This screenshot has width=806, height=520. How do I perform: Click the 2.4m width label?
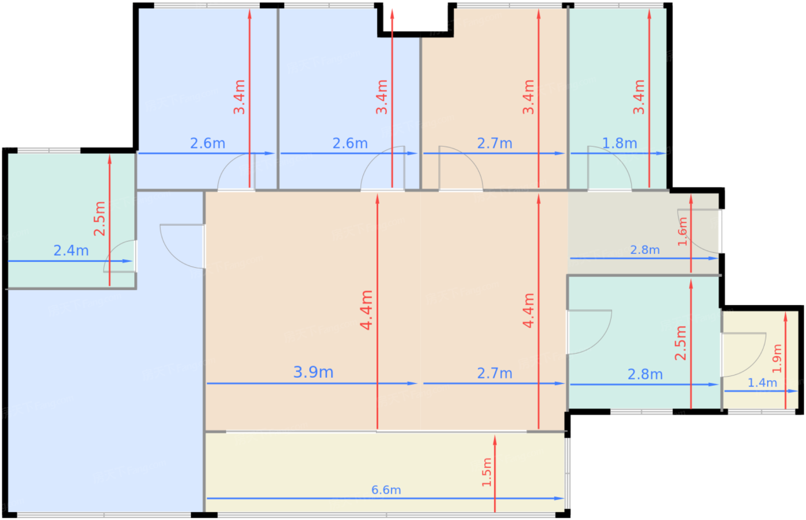point(71,250)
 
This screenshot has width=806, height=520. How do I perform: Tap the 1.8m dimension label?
point(619,143)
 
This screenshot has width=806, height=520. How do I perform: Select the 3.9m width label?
point(313,372)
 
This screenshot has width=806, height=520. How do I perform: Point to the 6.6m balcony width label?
point(386,490)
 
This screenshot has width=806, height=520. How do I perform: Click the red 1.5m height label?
point(486,472)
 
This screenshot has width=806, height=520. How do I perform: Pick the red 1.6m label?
point(682,231)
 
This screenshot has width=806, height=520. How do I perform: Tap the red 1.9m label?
point(777,359)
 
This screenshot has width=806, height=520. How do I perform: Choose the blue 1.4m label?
point(762,382)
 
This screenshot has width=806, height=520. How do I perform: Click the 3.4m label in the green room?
point(639,97)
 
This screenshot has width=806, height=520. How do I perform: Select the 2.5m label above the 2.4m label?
point(99,219)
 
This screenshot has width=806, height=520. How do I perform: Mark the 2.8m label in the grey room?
point(645,250)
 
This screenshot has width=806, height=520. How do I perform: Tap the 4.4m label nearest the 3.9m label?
point(366,310)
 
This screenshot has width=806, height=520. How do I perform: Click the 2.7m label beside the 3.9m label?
point(495,373)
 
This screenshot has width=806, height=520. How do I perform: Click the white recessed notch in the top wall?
point(416,17)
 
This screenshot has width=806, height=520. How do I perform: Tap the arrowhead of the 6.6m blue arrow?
point(559,499)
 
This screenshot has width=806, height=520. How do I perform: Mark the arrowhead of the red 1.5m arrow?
point(495,441)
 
